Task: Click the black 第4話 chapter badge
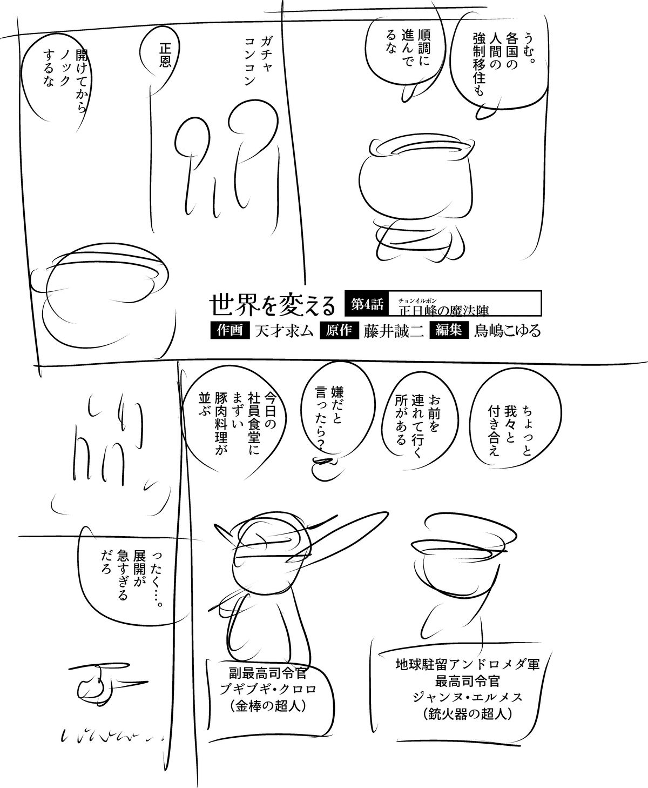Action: (367, 303)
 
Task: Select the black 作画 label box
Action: (230, 330)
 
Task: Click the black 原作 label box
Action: (339, 330)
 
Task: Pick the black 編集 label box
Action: (449, 330)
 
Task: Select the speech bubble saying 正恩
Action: (160, 56)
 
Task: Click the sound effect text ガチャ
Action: (266, 52)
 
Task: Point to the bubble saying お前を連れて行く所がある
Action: (420, 420)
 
